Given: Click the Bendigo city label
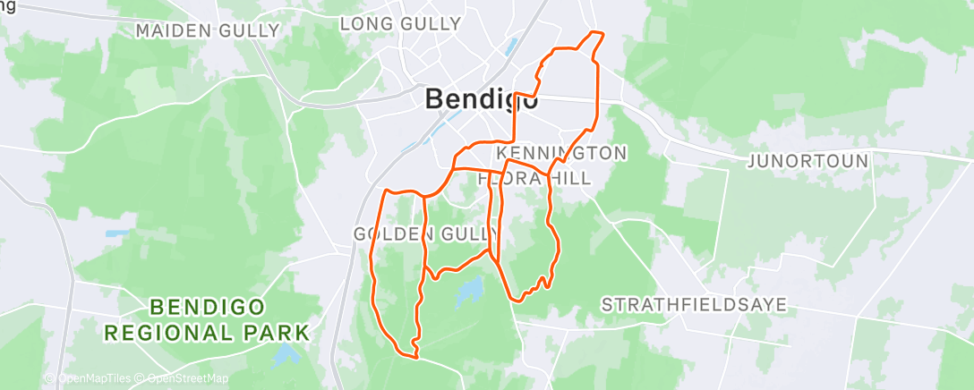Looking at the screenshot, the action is pyautogui.click(x=482, y=99).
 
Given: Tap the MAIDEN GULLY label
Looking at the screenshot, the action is pyautogui.click(x=208, y=30).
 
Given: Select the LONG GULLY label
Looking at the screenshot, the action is pyautogui.click(x=400, y=23).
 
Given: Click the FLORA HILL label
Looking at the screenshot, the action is pyautogui.click(x=534, y=178).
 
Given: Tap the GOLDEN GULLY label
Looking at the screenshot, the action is pyautogui.click(x=425, y=234).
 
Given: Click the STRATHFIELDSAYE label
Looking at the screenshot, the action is pyautogui.click(x=694, y=305).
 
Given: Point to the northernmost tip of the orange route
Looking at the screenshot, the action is pyautogui.click(x=595, y=32).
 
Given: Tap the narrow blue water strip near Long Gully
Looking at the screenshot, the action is pyautogui.click(x=512, y=44).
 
